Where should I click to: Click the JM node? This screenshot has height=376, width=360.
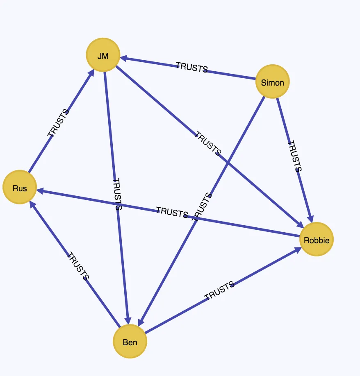103,55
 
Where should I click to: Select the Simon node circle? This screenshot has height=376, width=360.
272,82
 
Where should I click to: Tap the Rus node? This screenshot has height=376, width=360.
20,188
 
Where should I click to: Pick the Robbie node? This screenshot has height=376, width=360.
316,240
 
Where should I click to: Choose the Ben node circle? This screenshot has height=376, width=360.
130,341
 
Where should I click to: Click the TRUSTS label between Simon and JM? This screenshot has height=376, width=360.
192,67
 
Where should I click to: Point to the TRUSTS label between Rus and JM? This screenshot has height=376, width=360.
58,122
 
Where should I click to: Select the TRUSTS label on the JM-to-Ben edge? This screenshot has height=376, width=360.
117,194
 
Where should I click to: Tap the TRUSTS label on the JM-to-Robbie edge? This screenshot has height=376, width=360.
208,143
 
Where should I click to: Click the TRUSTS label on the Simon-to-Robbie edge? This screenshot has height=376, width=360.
294,156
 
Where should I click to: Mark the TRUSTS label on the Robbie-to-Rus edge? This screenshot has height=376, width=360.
172,212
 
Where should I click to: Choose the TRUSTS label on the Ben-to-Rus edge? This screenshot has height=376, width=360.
77,266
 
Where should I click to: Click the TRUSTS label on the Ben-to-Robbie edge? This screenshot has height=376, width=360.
219,290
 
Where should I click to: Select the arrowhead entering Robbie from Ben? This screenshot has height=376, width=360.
298,250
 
